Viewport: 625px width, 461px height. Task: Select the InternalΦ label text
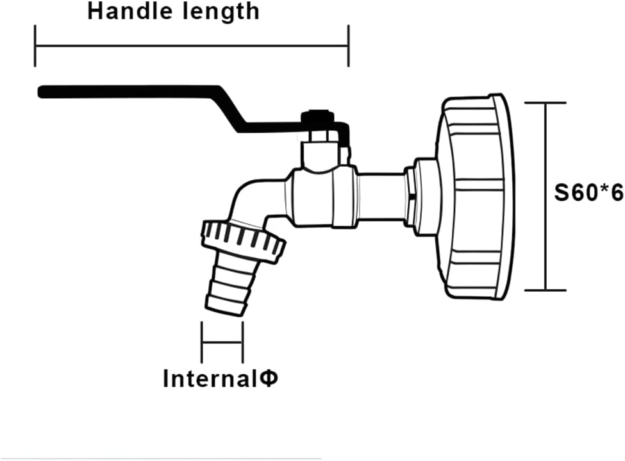pos(221,378)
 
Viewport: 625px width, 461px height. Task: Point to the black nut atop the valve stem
pos(317,117)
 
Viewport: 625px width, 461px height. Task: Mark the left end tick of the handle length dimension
pos(35,46)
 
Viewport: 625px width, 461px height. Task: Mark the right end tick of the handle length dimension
pos(349,46)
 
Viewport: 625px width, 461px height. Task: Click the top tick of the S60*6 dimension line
pos(545,103)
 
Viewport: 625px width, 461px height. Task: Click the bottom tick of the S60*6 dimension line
pos(545,290)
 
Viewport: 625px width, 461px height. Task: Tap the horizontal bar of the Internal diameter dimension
pos(222,342)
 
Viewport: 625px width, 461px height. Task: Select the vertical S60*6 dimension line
pos(546,197)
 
